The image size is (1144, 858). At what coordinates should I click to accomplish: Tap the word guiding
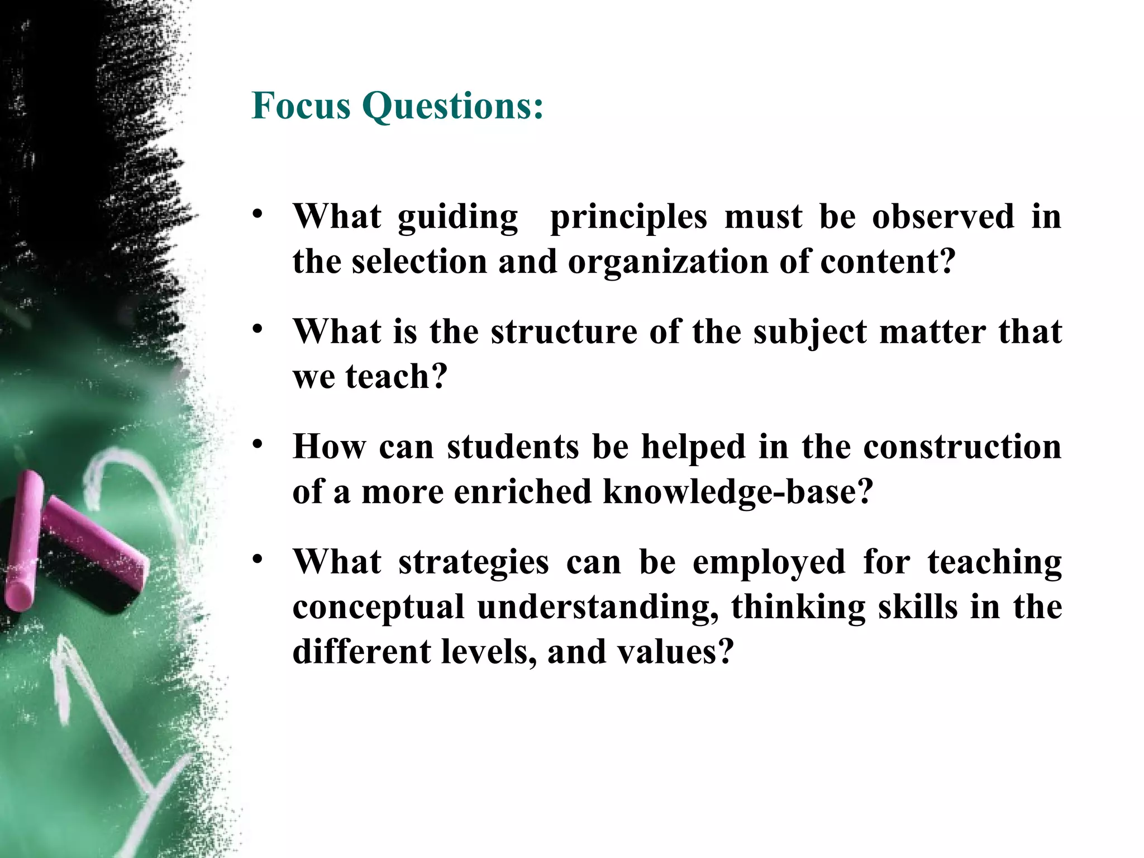pos(458,217)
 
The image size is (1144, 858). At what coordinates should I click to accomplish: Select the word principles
pos(628,217)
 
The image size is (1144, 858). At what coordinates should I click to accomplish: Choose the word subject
pos(810,333)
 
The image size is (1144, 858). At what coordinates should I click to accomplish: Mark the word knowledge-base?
pos(737,492)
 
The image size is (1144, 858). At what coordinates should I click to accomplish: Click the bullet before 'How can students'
pos(257,444)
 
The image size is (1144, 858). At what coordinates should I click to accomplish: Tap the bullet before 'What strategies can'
pos(257,560)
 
